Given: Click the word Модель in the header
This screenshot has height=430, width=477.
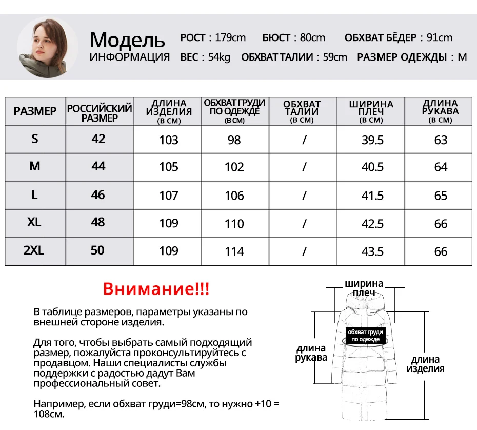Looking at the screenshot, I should pos(127,40).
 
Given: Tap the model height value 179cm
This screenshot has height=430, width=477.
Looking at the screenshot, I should pos(230,37).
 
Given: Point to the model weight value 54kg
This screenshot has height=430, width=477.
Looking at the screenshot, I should pos(219,57).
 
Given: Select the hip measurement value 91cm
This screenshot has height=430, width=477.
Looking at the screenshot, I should pos(440,37).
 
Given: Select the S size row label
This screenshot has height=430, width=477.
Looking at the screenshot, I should pos(35,139).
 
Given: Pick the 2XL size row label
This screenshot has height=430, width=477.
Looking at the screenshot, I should pos(34,250).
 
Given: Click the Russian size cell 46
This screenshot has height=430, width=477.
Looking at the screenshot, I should pos(98,195).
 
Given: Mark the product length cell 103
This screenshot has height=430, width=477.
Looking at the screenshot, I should pos(169,140).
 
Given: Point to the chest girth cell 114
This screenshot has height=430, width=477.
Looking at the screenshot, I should pos(234,251).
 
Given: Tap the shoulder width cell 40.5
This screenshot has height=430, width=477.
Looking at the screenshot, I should pos(372,167).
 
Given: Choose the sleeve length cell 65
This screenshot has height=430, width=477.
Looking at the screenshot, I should pos(441,196).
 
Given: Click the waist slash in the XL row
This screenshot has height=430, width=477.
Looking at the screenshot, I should pos(304,224).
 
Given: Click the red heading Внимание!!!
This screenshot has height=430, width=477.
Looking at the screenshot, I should pos(156,289).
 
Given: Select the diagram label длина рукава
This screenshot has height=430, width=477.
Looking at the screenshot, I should pos(311,354).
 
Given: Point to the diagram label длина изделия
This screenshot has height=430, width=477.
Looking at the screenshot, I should pos(425,364).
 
